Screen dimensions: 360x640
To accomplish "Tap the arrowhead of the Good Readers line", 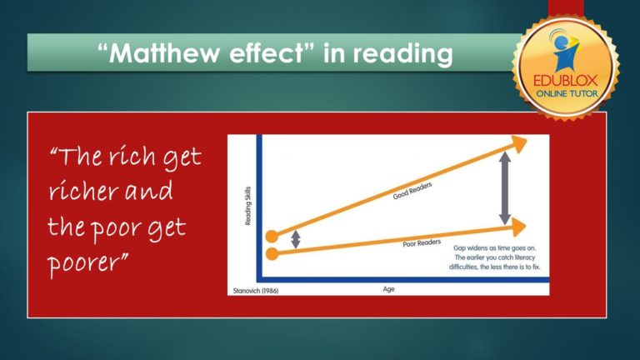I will [x=520, y=145].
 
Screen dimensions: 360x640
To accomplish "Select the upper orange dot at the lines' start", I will [x=272, y=236].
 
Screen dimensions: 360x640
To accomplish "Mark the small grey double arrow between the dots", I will [x=295, y=240].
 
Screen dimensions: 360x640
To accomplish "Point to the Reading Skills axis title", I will [x=248, y=206].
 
